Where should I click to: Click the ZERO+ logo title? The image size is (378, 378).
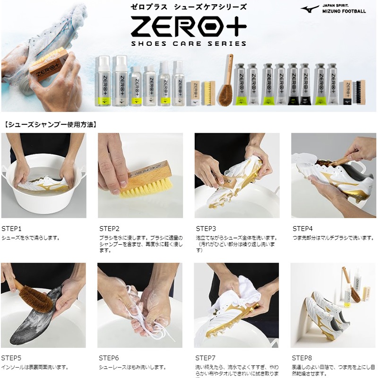(x=189, y=26)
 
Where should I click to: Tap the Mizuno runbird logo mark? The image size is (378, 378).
(x=310, y=9)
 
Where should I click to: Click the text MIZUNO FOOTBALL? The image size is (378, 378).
(x=344, y=11)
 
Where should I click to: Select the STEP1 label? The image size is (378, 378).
(x=11, y=229)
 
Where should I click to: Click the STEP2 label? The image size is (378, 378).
(x=110, y=229)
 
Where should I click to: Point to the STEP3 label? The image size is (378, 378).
(x=206, y=229)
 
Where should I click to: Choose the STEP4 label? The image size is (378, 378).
(x=302, y=229)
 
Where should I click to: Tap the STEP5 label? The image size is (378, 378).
(x=11, y=358)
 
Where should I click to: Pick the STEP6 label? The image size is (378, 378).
(x=109, y=358)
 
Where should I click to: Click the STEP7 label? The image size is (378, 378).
(x=206, y=358)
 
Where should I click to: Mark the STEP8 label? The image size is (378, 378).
(x=302, y=358)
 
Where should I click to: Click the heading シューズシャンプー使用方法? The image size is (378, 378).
(x=51, y=125)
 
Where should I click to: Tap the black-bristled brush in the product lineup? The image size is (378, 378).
(x=359, y=92)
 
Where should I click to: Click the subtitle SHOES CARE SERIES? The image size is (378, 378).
(x=189, y=43)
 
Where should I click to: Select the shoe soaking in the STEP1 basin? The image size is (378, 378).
(x=44, y=185)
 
